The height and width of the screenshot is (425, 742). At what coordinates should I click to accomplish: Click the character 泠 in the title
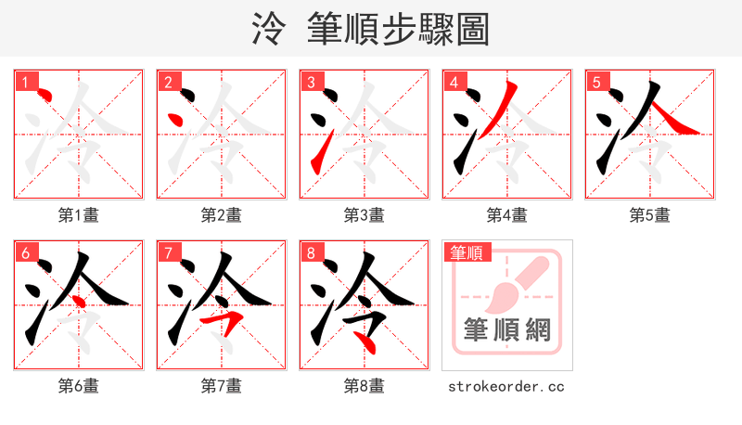click(269, 29)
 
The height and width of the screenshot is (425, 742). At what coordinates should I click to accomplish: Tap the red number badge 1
click(25, 82)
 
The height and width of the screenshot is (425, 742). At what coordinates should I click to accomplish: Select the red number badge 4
click(454, 82)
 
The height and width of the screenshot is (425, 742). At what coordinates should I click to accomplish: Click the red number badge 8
click(311, 252)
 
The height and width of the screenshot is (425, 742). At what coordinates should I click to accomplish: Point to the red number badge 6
click(25, 252)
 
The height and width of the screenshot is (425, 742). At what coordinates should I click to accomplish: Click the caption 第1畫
click(79, 215)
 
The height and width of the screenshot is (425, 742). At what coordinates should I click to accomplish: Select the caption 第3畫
click(365, 215)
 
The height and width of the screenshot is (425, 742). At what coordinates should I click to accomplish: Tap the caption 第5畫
click(650, 215)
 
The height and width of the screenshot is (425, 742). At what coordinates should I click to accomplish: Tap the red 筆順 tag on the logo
click(467, 252)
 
